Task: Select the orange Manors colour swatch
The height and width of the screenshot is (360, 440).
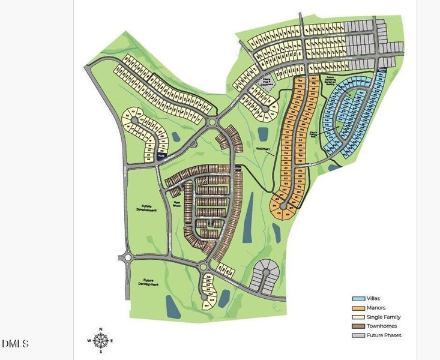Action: tap(358, 308)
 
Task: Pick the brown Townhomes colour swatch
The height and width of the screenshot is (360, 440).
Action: tap(358, 326)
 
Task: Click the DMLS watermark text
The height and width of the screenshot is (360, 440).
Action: tap(15, 344)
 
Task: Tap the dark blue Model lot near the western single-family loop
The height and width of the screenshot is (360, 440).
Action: tap(161, 156)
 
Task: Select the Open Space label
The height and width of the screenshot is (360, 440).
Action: tap(177, 203)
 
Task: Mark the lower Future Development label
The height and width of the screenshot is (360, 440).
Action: tap(147, 281)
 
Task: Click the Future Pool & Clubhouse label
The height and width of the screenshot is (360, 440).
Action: tap(268, 83)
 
